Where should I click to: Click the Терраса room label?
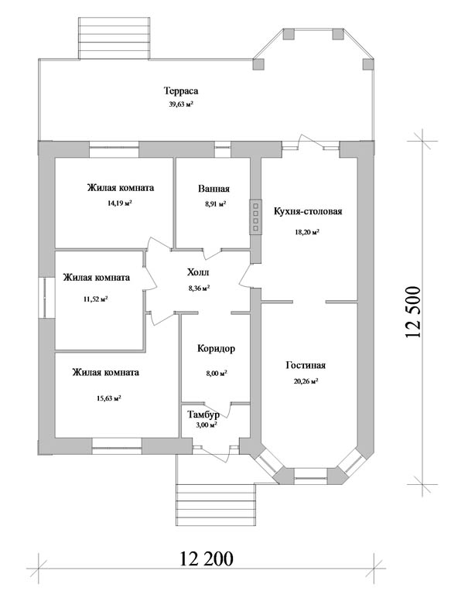click(x=181, y=91)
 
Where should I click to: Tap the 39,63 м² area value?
click(x=181, y=104)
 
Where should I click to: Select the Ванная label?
click(x=214, y=189)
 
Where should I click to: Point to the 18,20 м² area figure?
click(x=307, y=232)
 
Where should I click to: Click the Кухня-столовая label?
click(x=308, y=211)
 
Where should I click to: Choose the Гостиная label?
click(x=306, y=366)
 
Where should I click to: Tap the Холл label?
click(x=198, y=272)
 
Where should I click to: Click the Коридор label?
click(x=216, y=349)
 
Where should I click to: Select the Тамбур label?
click(x=203, y=415)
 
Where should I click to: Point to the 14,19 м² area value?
click(x=119, y=203)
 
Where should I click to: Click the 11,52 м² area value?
click(x=96, y=299)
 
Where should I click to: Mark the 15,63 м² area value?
click(x=109, y=398)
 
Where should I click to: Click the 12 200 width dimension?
click(x=207, y=558)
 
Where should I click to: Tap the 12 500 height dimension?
click(x=413, y=312)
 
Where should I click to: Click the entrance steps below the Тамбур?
click(x=216, y=506)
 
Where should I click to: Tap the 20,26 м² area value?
click(x=306, y=381)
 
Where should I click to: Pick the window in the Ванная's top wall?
click(x=223, y=149)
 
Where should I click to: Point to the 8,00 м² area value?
click(x=217, y=373)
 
